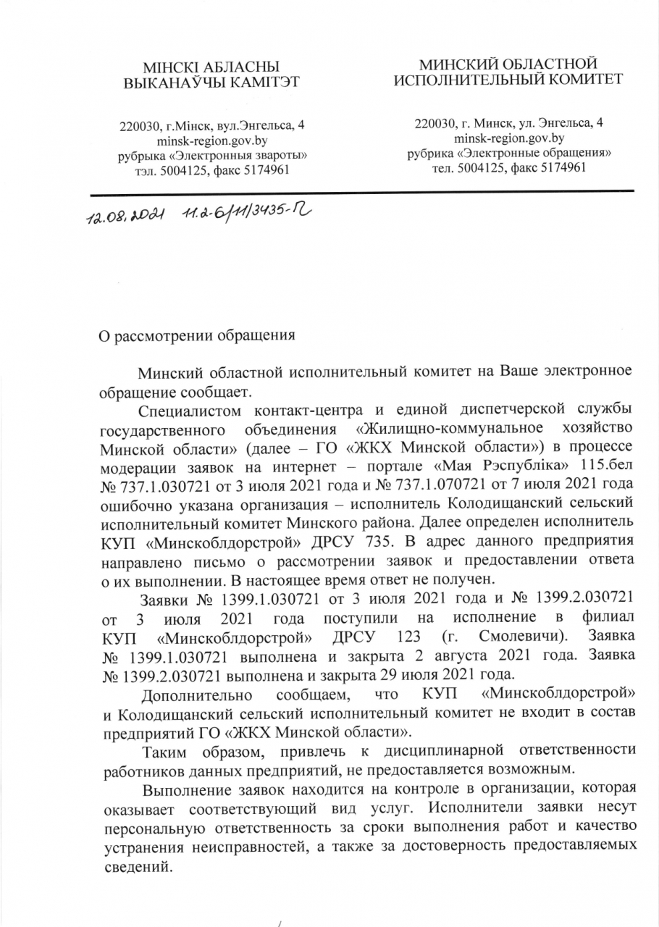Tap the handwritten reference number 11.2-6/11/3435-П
(x=247, y=211)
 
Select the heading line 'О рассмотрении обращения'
(x=196, y=335)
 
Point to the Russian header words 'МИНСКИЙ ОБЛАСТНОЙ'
(x=507, y=64)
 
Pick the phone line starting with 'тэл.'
(x=211, y=169)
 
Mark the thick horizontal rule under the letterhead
(x=362, y=191)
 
